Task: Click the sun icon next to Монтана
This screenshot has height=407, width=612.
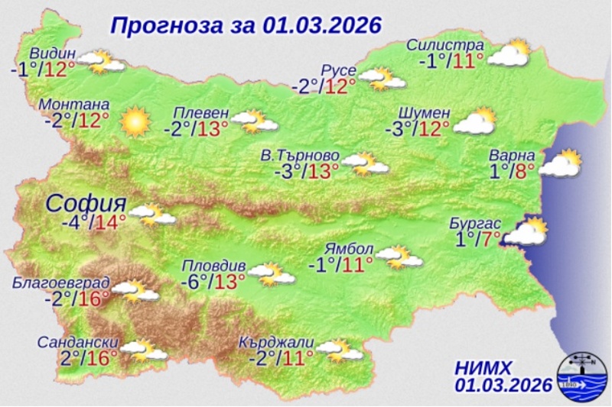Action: coord(135,121)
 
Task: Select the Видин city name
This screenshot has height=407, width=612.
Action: coord(53,53)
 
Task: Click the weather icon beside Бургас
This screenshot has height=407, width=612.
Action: coord(527,232)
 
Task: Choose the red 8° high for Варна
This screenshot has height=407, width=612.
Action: coord(530,172)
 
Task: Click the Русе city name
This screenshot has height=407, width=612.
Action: coord(338,71)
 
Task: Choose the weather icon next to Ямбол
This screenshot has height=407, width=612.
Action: coord(400,257)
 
